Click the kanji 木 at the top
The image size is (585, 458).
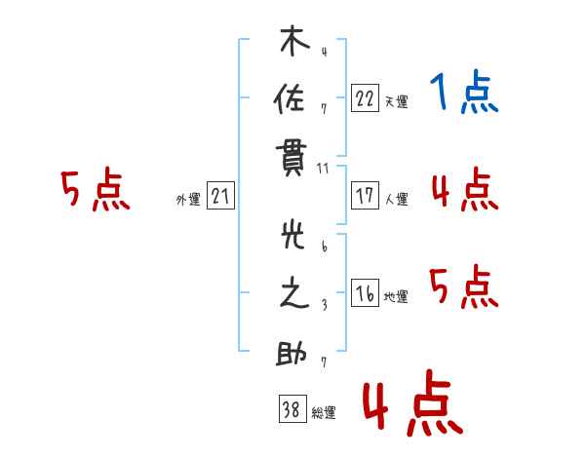tap(293, 43)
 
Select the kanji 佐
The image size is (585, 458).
tap(293, 99)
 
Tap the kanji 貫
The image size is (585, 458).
tap(293, 156)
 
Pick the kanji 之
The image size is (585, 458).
tap(293, 295)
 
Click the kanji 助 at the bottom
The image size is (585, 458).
tap(293, 353)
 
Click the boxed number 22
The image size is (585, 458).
tap(365, 98)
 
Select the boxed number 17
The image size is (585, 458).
tap(365, 196)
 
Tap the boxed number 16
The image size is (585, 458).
tap(365, 294)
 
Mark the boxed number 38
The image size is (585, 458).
tap(292, 410)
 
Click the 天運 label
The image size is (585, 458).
tap(396, 101)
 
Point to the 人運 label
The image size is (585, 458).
tap(396, 199)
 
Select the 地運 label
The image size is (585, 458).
tap(396, 297)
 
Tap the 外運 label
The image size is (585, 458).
tap(188, 199)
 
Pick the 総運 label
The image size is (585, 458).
tap(323, 413)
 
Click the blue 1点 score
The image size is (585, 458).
tap(464, 94)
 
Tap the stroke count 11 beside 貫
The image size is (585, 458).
tap(323, 170)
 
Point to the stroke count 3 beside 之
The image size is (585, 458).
tap(323, 305)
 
